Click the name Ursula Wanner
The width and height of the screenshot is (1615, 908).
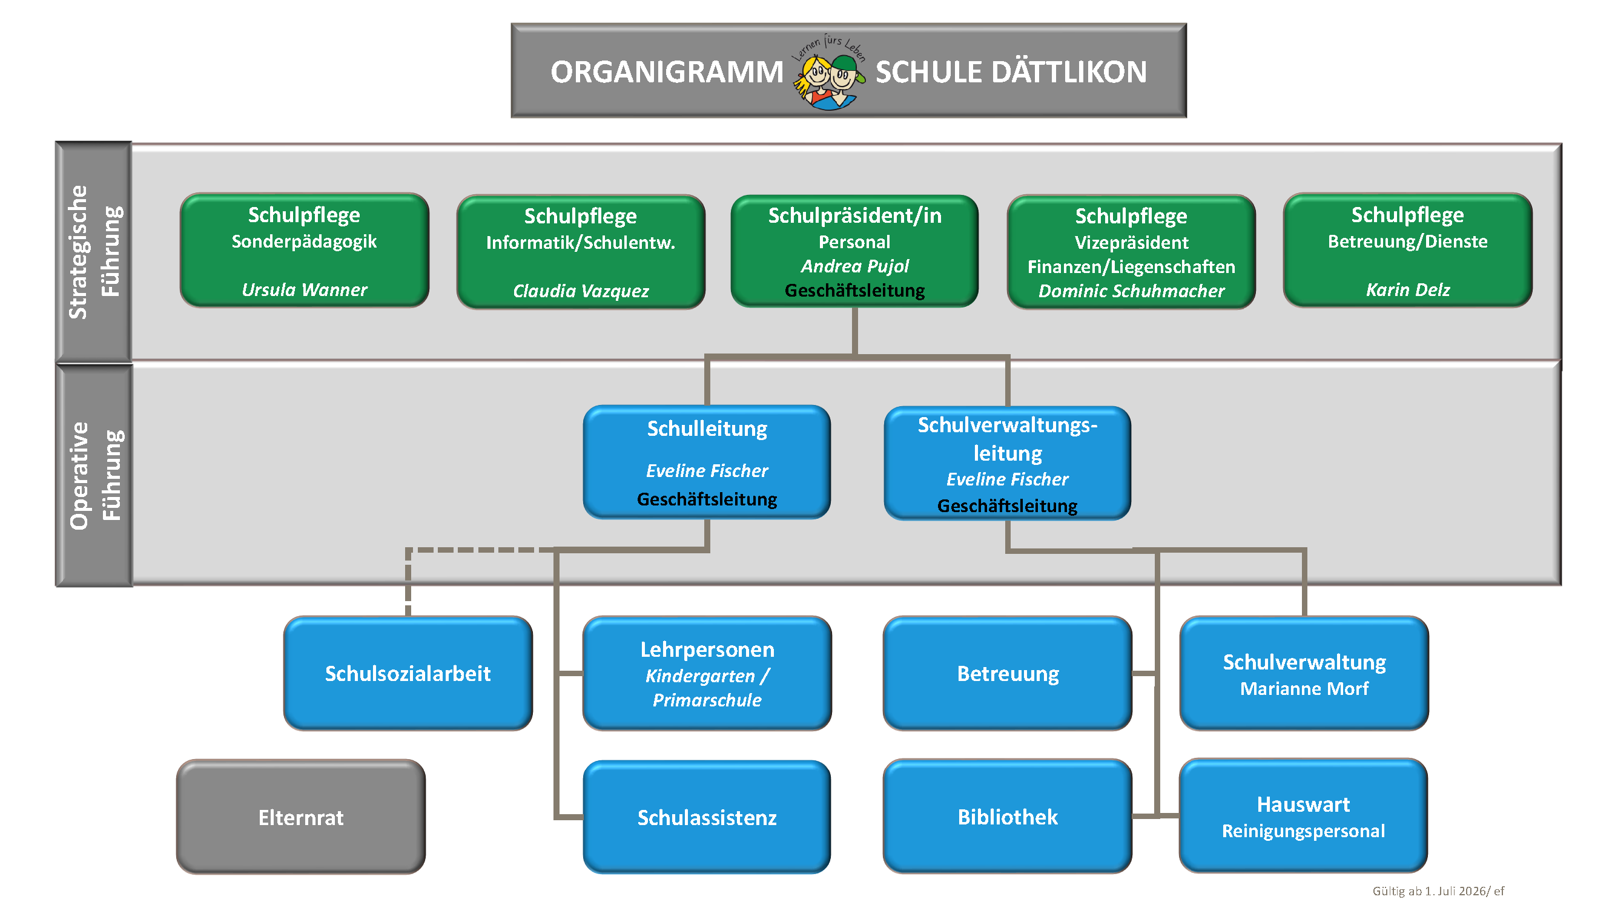click(304, 289)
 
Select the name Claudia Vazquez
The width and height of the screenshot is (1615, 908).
click(581, 291)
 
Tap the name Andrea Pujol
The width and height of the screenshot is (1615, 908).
click(854, 266)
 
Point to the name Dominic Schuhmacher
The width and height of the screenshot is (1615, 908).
click(1131, 291)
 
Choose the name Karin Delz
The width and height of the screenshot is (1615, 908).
click(1407, 289)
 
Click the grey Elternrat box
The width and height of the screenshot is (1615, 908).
click(301, 817)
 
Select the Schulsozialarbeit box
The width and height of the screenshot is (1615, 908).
click(408, 673)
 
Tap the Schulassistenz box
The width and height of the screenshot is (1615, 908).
click(707, 817)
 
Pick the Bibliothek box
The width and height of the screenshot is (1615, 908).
click(1008, 816)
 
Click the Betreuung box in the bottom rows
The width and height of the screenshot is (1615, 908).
click(1008, 673)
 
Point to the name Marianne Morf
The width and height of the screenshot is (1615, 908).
click(1304, 688)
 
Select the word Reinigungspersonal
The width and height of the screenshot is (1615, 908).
click(1303, 831)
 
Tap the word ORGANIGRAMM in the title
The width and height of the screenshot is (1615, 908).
click(667, 71)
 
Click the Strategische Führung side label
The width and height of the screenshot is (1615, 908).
click(94, 252)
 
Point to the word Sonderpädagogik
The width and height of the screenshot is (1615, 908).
click(304, 242)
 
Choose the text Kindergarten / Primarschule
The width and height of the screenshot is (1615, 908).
click(707, 688)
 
